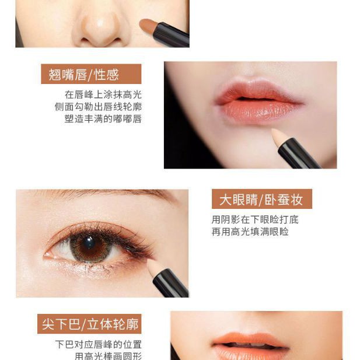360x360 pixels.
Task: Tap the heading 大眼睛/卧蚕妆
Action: pyautogui.click(x=261, y=200)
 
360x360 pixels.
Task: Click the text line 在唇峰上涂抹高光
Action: pyautogui.click(x=103, y=95)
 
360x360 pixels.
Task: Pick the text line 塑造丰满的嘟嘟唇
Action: pyautogui.click(x=103, y=119)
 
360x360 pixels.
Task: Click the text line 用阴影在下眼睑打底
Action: pyautogui.click(x=255, y=220)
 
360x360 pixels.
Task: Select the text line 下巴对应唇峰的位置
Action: pyautogui.click(x=98, y=344)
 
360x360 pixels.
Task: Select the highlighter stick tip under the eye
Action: pyautogui.click(x=155, y=267)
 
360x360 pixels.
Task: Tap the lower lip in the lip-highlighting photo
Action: pyautogui.click(x=257, y=111)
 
